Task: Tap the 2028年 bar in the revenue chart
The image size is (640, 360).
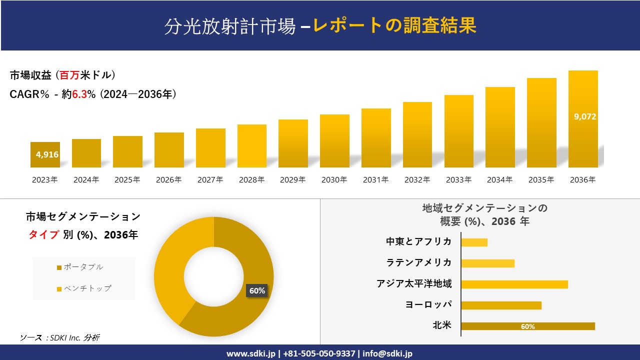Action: pos(252,146)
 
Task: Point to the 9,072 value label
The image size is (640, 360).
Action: pos(585,116)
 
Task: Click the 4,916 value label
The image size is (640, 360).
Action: pos(47,154)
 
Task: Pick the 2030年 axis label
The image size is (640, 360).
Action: pos(334,180)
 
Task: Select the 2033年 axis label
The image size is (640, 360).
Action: pos(458,180)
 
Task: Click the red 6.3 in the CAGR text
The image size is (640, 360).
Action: pos(79,94)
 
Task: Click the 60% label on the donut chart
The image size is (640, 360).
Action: pos(257,291)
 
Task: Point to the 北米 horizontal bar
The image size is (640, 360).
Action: pos(527,326)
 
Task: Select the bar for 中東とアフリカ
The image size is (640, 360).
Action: pos(474,242)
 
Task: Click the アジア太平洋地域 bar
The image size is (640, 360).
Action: pos(514,284)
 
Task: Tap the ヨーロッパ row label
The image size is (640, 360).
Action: pos(428,304)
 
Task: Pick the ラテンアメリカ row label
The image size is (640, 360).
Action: pos(419,262)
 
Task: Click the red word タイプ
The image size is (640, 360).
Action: pos(43,235)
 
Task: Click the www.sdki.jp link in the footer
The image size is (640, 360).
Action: pos(250,353)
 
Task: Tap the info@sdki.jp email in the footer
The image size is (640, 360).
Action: pos(387,353)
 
